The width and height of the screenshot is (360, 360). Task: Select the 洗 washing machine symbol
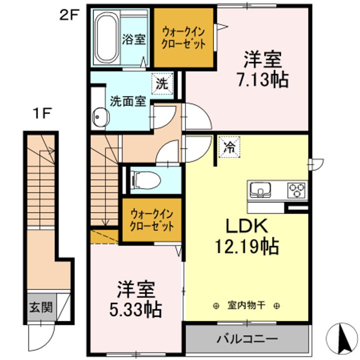tap(162, 83)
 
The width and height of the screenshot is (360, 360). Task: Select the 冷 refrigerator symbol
tap(228, 147)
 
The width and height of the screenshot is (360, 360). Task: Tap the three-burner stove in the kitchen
tap(295, 190)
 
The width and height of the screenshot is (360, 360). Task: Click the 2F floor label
tap(69, 15)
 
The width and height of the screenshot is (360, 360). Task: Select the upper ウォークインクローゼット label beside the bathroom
tap(183, 38)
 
